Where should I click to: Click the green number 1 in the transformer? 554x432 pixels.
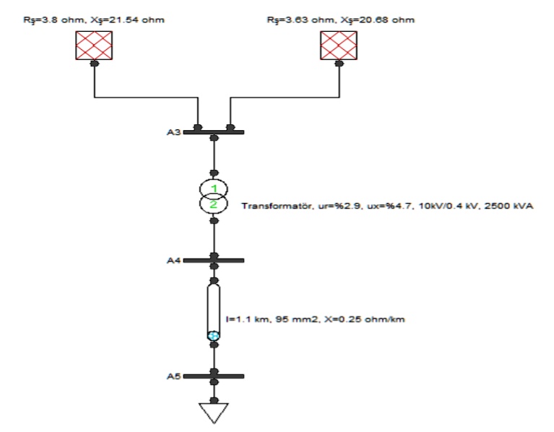[213, 189]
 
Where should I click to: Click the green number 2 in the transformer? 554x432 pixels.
[213, 204]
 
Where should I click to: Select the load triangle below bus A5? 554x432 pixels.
[213, 413]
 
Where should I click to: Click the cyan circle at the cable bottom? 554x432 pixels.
[213, 335]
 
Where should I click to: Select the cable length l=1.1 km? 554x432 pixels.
[245, 319]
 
